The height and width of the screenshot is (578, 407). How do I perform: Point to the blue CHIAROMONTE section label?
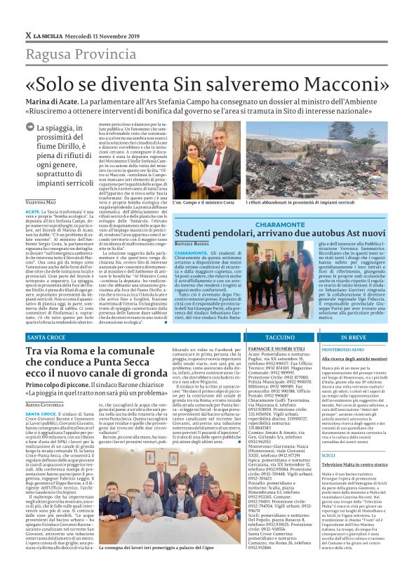coord(284,223)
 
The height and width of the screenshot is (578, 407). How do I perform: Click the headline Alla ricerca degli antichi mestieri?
coord(354,358)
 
